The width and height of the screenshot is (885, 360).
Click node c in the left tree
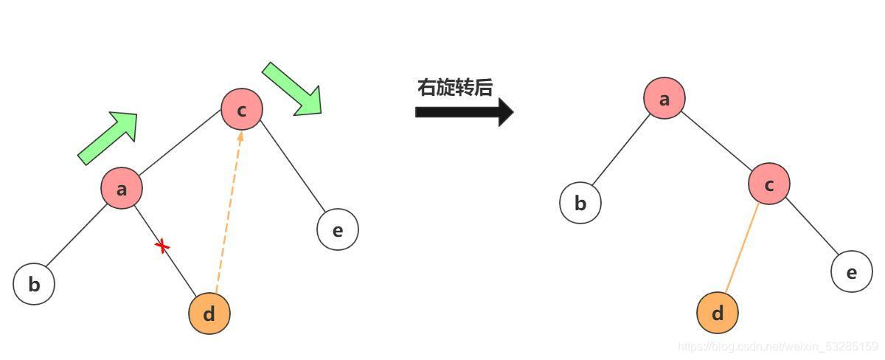pos(242,110)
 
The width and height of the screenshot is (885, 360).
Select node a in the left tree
pos(122,188)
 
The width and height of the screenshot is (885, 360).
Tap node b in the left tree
pos(34,284)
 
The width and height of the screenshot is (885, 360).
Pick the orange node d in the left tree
pos(209,314)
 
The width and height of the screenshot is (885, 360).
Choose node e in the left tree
pos(338,229)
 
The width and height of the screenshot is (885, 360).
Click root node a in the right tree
pos(664,98)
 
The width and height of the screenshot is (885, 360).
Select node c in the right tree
pos(769,184)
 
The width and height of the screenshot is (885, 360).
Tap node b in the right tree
pos(580,202)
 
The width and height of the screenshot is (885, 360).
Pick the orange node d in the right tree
pos(718,313)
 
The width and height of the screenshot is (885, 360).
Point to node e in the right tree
pos(852,272)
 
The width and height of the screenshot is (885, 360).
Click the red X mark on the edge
pos(162,246)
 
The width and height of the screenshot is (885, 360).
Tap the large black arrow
pos(464,112)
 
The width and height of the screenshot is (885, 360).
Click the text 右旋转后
pos(454,88)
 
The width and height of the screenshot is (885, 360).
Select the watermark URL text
pos(777,346)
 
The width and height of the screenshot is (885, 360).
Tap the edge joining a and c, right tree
pos(717,142)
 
